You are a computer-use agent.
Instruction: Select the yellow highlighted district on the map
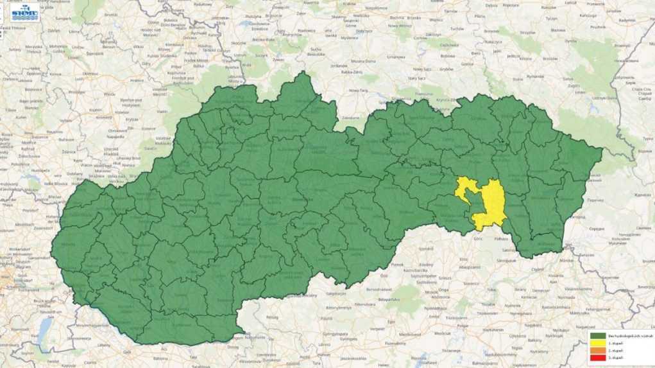click(491, 204)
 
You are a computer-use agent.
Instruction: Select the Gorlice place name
click(466, 64)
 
